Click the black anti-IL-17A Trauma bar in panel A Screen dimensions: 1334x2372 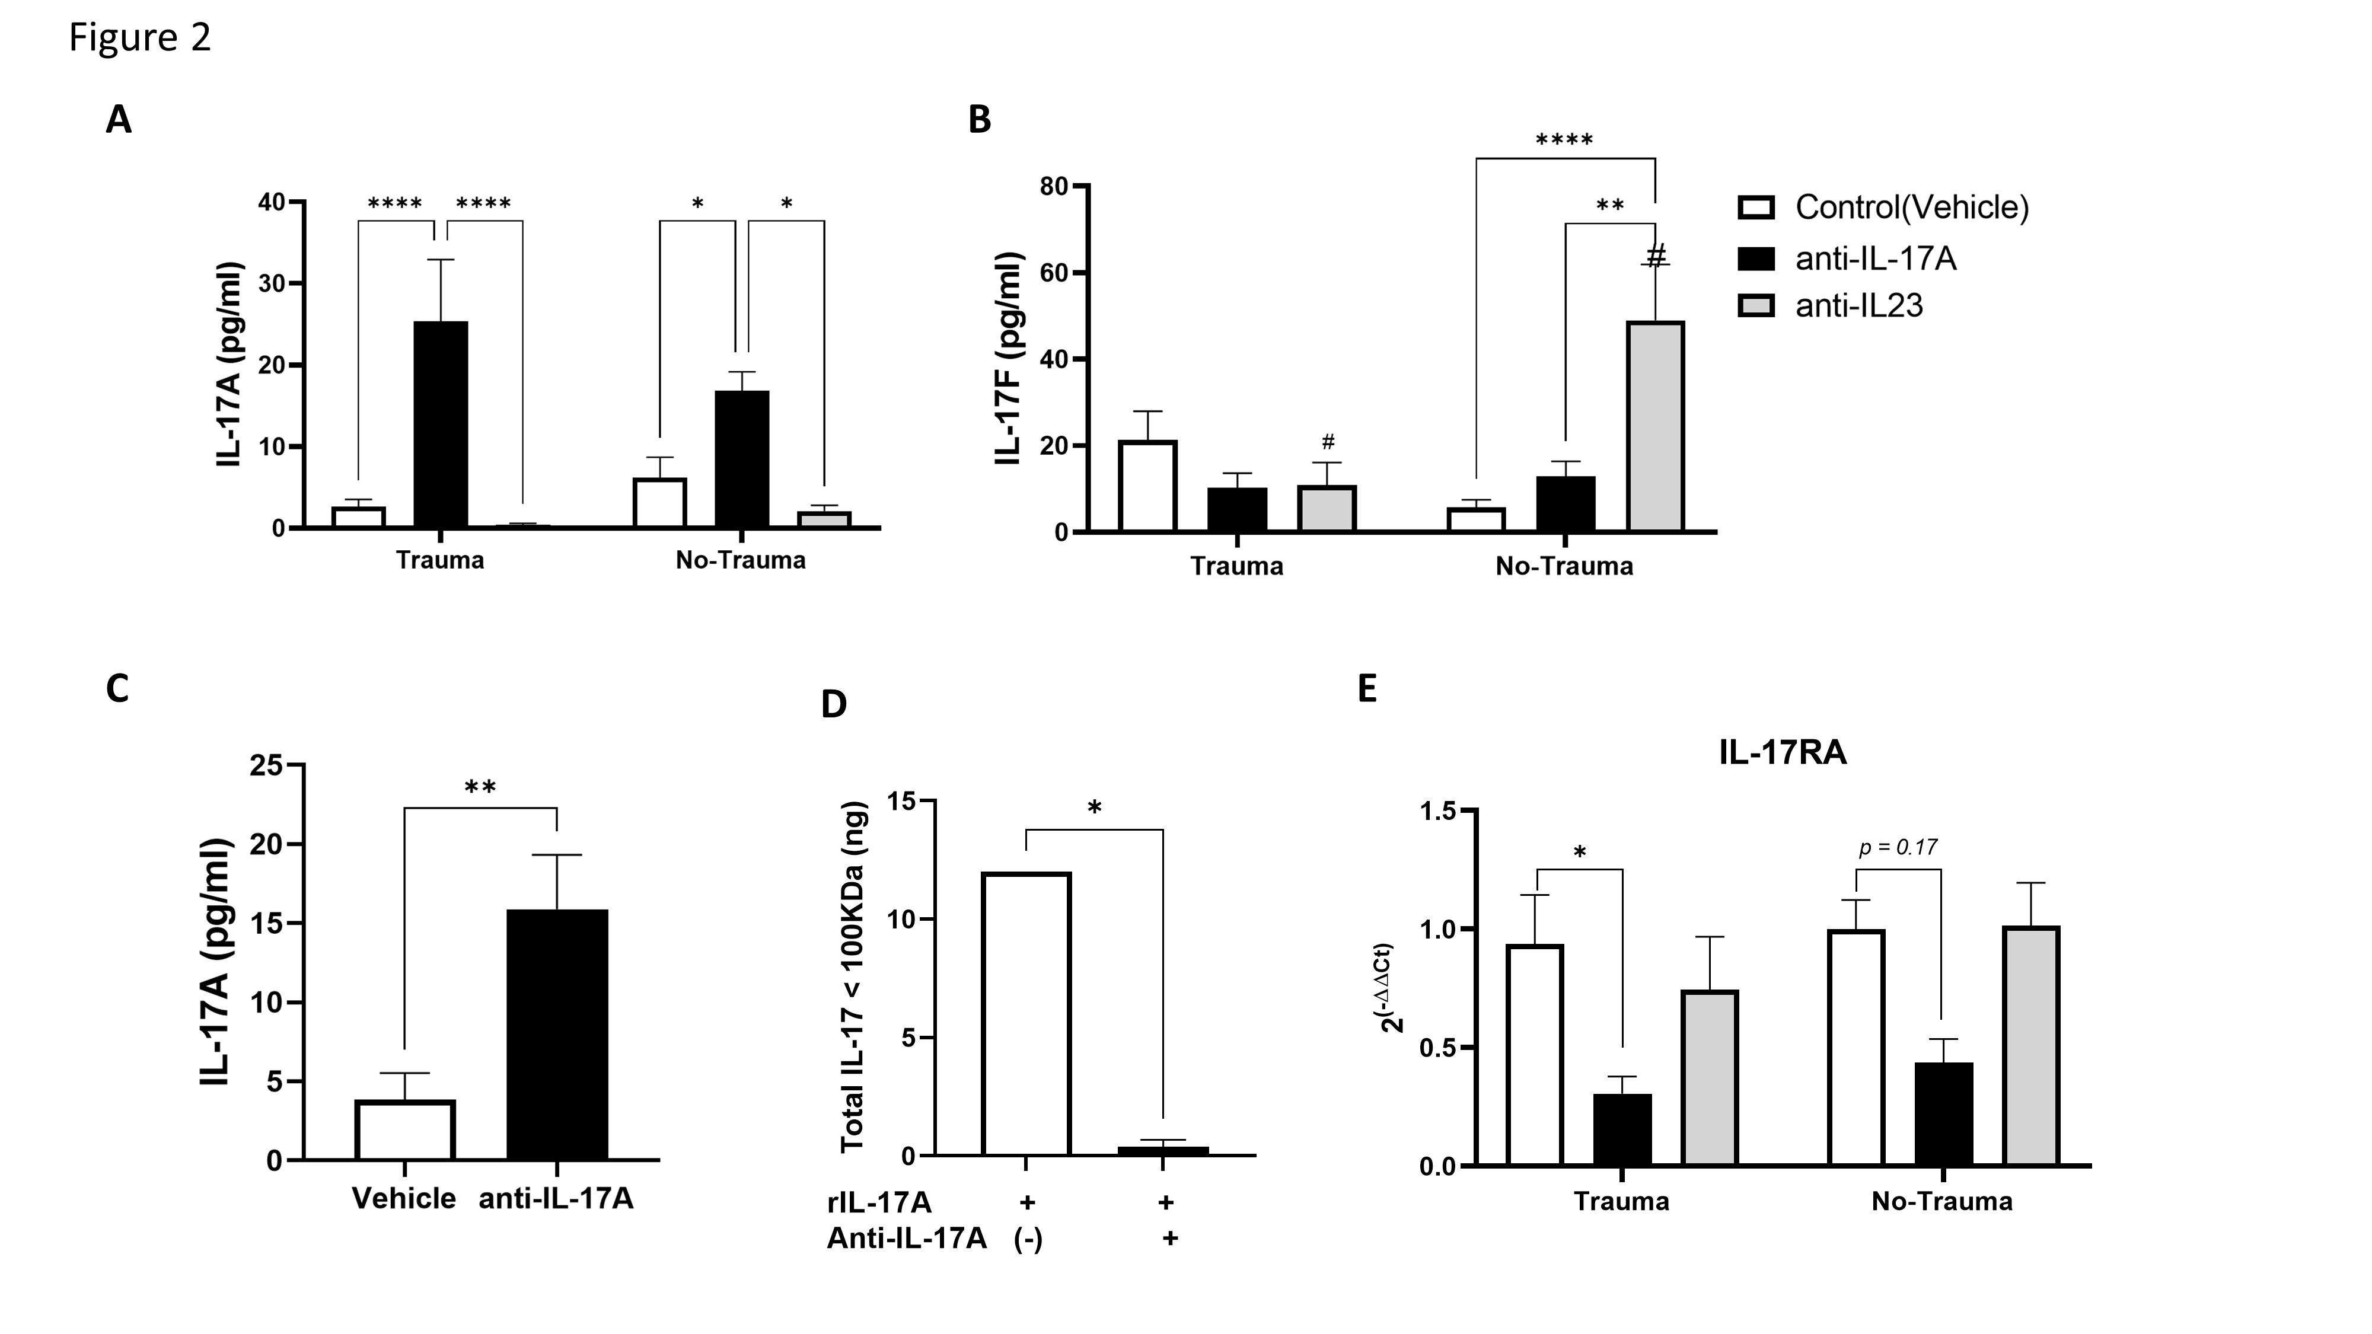click(x=440, y=425)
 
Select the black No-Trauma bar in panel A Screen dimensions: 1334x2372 click(x=741, y=458)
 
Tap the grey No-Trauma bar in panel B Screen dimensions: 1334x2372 click(x=1654, y=426)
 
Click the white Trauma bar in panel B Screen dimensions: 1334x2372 click(x=1147, y=486)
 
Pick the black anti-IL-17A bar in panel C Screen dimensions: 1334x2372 click(x=557, y=1034)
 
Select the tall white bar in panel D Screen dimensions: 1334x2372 click(x=1026, y=1013)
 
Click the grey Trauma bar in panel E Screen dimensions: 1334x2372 click(x=1710, y=1077)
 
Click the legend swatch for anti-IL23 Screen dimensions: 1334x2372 click(x=1755, y=306)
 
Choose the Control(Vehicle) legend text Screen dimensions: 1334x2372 click(x=1912, y=207)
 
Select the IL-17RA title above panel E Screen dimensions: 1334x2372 click(x=1782, y=753)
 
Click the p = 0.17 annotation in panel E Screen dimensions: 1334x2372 click(x=1898, y=847)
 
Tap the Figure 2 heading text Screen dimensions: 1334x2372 click(x=140, y=38)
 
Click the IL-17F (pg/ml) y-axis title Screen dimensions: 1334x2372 click(x=1010, y=357)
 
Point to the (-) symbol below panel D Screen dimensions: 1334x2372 click(x=1028, y=1239)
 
